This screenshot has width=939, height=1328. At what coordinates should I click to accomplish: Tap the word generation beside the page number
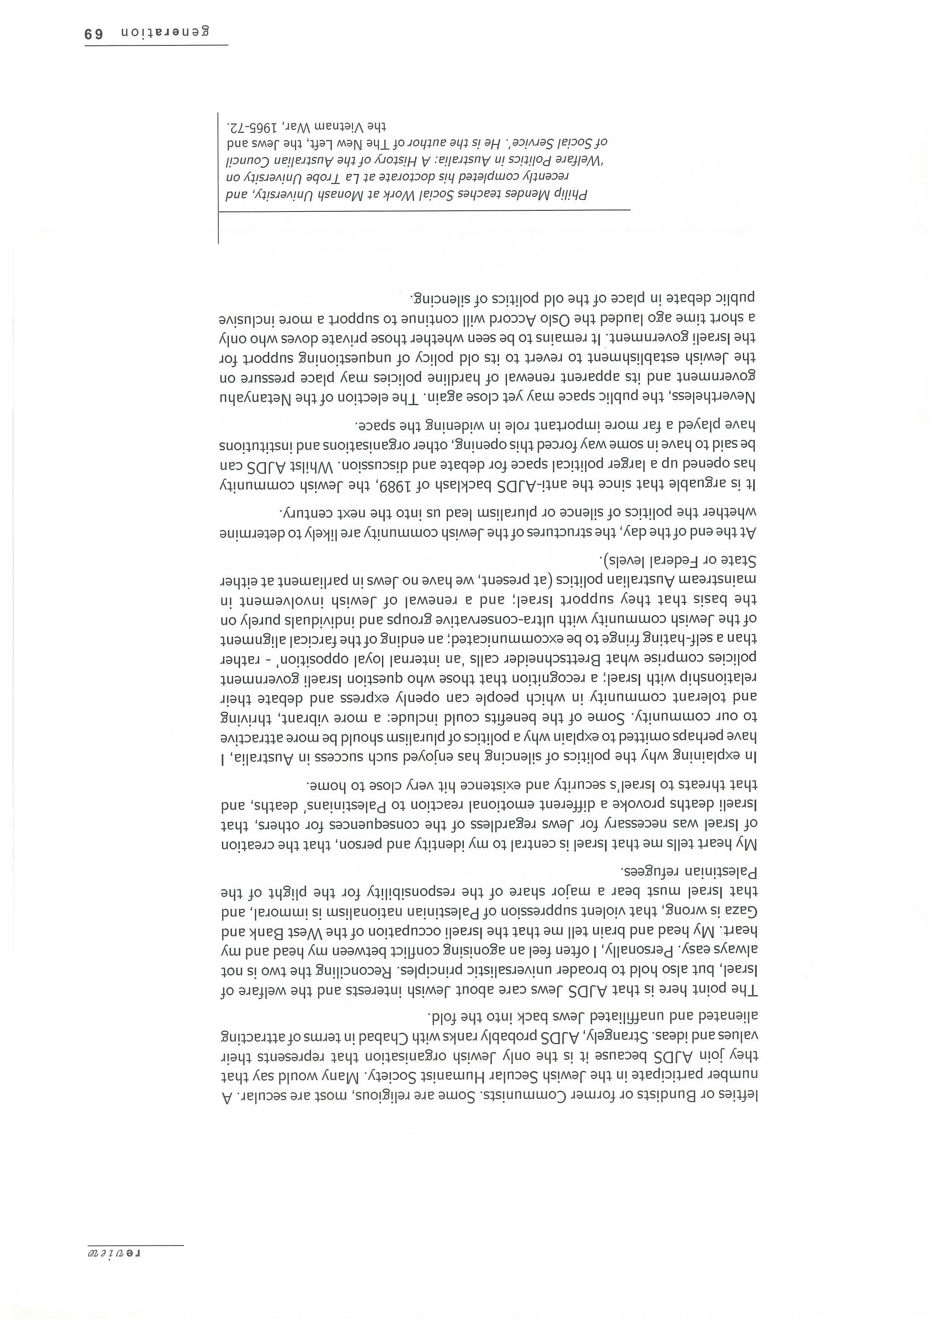click(x=165, y=32)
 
